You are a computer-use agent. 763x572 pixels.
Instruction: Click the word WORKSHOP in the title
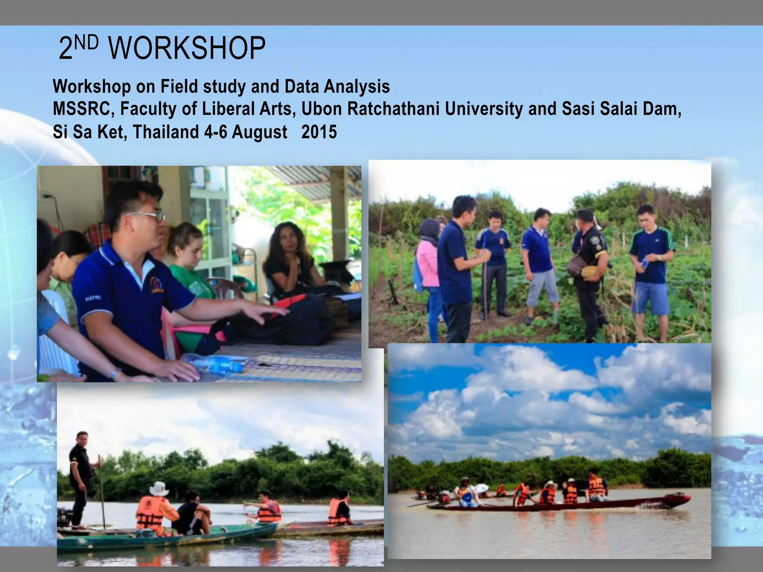pyautogui.click(x=187, y=48)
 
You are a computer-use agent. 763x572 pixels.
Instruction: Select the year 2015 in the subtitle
pyautogui.click(x=319, y=132)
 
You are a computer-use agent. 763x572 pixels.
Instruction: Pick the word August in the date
pyautogui.click(x=259, y=133)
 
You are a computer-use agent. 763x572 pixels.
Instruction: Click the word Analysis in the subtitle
pyautogui.click(x=357, y=86)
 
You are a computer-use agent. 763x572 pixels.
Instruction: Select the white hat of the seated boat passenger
pyautogui.click(x=159, y=488)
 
